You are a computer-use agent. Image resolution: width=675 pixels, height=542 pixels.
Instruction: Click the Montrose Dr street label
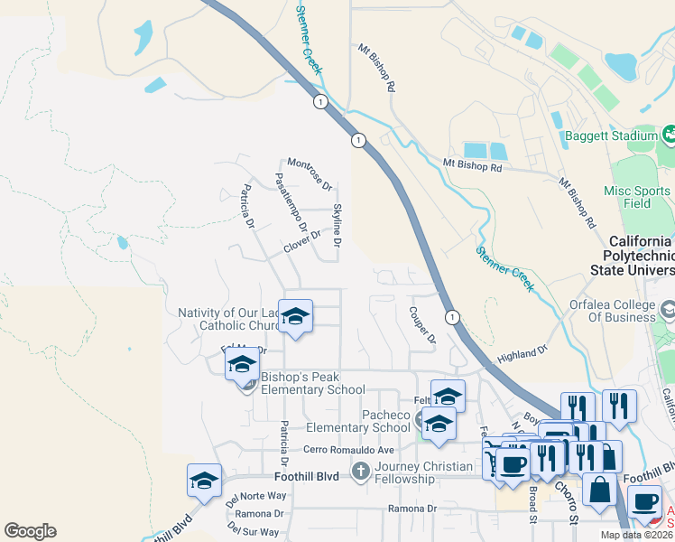310,173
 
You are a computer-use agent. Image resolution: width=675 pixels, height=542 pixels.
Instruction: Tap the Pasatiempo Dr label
291,203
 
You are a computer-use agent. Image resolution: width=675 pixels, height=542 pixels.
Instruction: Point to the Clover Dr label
302,241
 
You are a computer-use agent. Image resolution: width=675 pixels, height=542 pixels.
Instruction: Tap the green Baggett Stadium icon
669,135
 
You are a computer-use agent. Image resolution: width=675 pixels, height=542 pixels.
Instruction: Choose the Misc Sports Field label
637,197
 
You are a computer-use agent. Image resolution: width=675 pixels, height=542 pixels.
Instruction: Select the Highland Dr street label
522,355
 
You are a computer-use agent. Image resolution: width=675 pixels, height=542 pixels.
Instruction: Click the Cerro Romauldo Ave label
349,450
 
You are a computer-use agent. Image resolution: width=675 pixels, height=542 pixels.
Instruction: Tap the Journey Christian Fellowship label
423,472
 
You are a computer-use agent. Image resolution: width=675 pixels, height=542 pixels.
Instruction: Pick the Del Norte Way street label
256,496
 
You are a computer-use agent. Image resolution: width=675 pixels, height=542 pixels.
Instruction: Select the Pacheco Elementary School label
357,421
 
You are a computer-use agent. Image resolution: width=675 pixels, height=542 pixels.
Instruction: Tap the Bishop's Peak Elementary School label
312,384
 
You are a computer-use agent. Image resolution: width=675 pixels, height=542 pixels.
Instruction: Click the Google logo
30,531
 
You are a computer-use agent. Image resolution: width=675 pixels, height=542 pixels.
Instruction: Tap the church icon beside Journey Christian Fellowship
360,471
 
